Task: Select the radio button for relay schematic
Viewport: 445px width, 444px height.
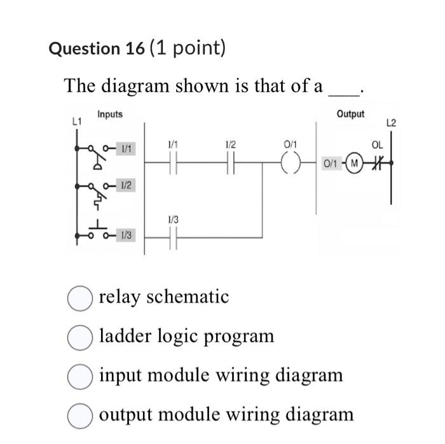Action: coord(79,298)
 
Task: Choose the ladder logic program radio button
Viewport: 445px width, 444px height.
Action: coord(79,336)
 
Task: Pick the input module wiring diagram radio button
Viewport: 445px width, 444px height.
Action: coord(79,376)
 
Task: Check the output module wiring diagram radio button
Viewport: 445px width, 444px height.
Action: coord(79,415)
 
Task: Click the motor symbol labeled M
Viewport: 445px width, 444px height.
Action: coord(355,163)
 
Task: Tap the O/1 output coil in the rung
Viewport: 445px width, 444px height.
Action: coord(290,163)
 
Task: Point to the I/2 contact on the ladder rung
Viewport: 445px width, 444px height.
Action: coord(230,163)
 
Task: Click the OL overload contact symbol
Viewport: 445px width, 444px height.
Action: coord(377,163)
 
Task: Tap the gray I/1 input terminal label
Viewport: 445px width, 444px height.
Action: coord(127,148)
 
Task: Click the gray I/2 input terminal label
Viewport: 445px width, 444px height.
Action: coord(127,185)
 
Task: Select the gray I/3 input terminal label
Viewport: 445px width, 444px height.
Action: coord(127,236)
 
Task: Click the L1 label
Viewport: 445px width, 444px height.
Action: coord(78,120)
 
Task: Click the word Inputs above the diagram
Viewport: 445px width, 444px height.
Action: coord(110,114)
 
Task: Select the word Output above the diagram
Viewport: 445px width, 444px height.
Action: coord(350,114)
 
